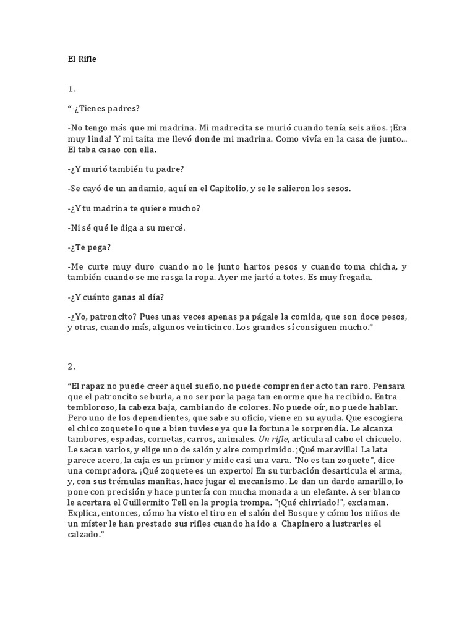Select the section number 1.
point(71,89)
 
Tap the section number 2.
point(71,366)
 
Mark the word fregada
point(351,278)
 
